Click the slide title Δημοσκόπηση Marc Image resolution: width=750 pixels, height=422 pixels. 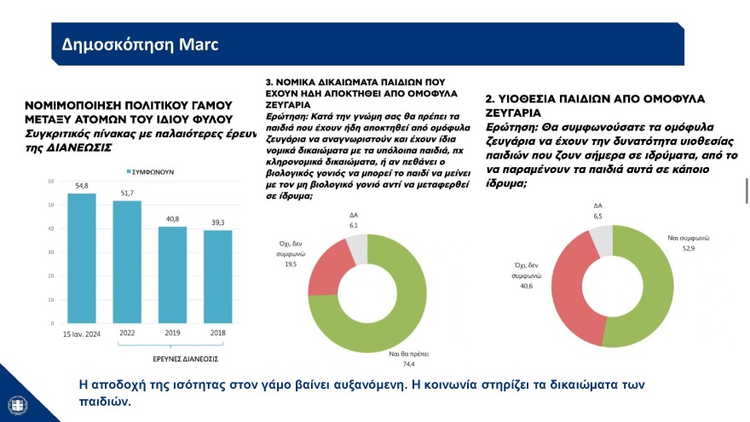(x=129, y=44)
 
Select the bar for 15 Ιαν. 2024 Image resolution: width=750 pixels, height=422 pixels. (x=82, y=259)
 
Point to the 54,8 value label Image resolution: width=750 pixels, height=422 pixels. (x=82, y=185)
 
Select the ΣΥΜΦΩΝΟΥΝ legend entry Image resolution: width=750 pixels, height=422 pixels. (x=150, y=171)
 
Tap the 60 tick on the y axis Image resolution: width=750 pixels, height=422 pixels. (x=51, y=181)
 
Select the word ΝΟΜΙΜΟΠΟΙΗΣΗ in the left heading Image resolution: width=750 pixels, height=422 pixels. (x=78, y=108)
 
